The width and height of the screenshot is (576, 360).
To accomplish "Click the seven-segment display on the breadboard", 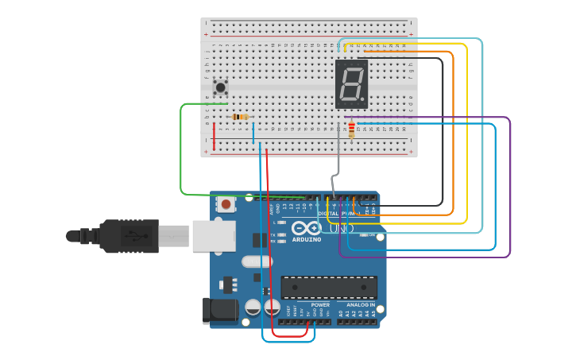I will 351,83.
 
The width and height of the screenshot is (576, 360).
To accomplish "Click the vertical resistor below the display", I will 351,129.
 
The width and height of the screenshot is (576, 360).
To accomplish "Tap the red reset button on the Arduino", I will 226,204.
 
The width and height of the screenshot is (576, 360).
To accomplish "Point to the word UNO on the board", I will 342,229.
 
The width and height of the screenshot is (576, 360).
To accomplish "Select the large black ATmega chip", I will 329,287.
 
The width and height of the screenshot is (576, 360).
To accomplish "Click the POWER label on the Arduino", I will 320,304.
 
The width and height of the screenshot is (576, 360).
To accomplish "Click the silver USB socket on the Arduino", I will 213,236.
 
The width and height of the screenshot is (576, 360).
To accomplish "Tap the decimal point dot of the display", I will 364,101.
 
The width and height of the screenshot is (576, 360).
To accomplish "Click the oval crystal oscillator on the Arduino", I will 257,261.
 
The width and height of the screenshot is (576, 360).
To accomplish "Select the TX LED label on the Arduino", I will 273,235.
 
